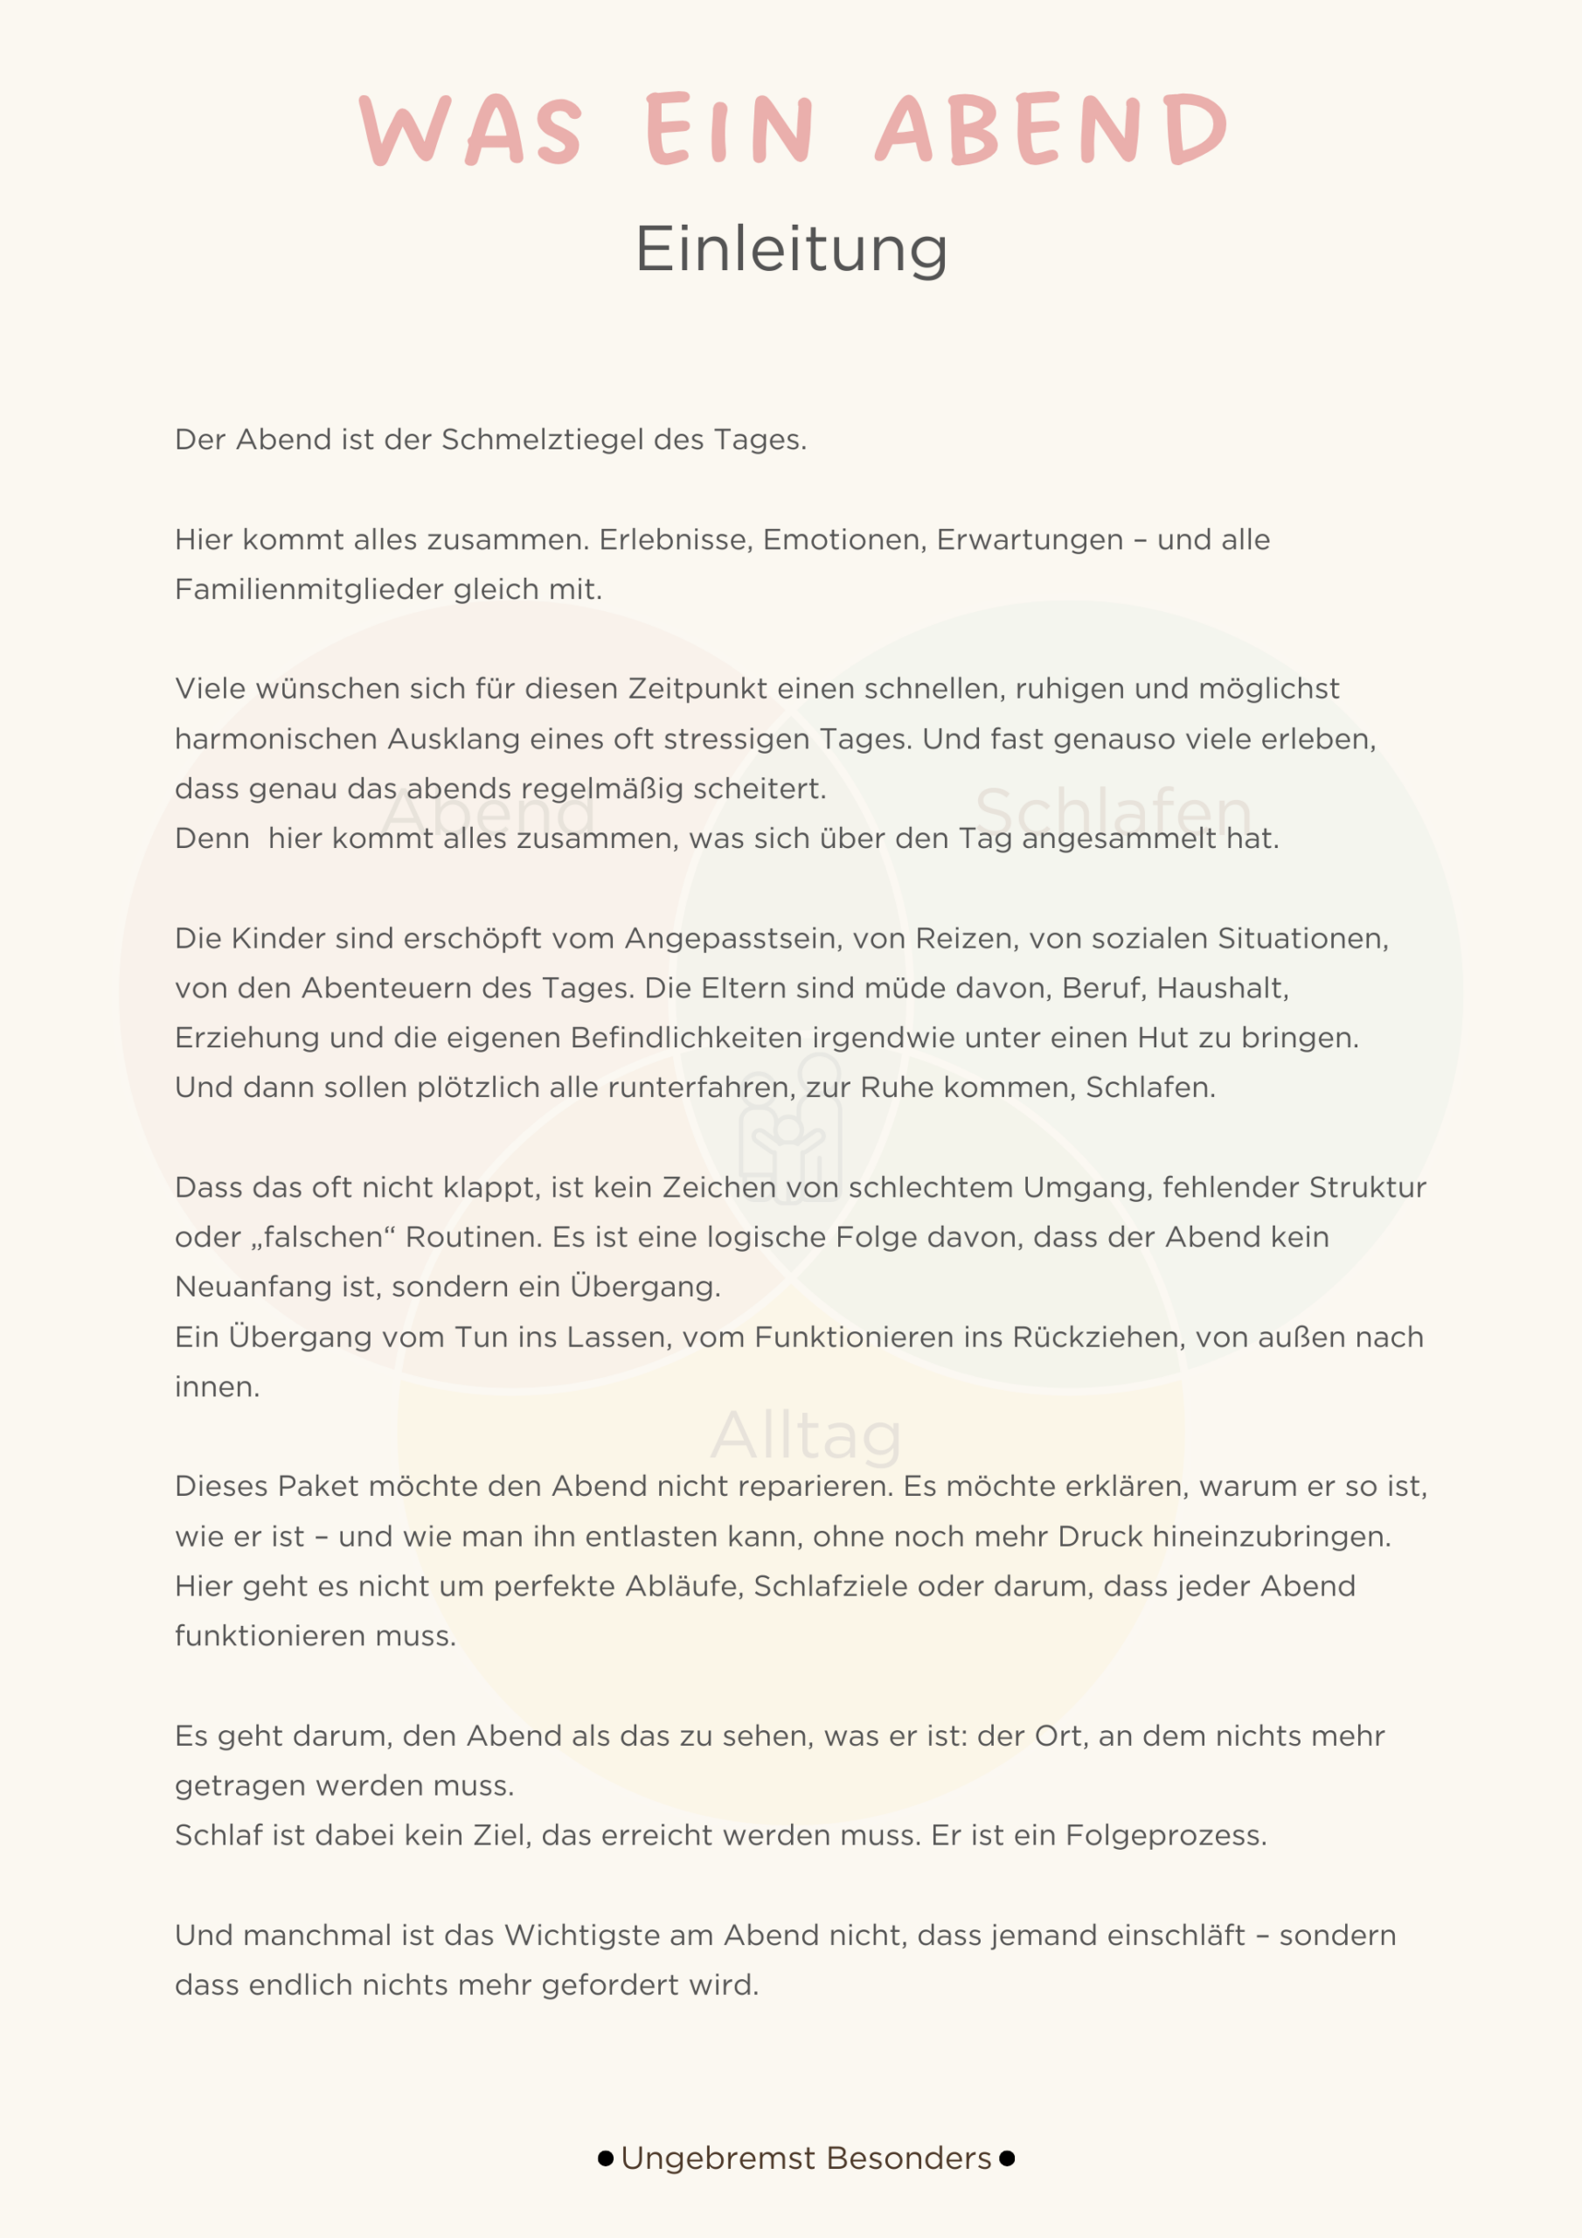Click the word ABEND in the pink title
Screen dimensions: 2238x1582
point(1050,129)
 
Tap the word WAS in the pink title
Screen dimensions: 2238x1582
point(472,129)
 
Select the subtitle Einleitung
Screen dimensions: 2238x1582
point(790,249)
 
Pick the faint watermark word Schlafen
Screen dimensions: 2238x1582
point(1114,811)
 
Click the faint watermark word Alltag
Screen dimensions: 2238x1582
point(805,1435)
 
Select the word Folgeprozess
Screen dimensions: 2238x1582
point(1165,1836)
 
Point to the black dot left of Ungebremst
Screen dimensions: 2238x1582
point(606,2158)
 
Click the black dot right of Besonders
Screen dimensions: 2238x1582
point(1007,2158)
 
